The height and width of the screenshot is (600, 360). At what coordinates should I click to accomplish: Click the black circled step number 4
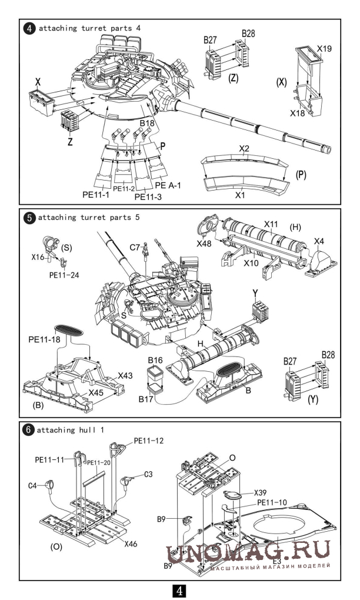pos(29,28)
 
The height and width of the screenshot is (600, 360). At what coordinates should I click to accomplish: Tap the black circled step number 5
pos(29,218)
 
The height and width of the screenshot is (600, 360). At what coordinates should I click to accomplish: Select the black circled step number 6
pos(28,430)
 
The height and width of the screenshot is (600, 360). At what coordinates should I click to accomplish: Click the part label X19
pos(324,49)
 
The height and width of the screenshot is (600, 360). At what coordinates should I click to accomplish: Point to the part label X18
pos(297,113)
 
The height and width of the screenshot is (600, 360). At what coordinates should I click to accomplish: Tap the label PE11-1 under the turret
pos(96,194)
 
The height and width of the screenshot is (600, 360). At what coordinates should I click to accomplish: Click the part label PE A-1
pos(168,185)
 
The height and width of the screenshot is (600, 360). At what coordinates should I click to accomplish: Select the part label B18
pos(147,123)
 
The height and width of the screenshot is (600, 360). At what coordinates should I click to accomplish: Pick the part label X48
pos(204,244)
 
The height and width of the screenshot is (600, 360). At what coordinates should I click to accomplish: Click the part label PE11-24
pos(64,275)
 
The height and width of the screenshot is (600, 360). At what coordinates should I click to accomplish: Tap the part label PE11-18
pos(44,339)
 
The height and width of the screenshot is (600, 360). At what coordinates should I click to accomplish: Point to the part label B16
pos(155,360)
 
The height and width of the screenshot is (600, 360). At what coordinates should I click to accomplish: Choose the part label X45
pos(96,392)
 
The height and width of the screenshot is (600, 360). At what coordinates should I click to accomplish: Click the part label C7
pos(135,247)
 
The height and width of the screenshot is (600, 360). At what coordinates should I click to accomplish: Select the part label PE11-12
pos(148,441)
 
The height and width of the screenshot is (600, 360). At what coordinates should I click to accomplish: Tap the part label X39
pos(260,493)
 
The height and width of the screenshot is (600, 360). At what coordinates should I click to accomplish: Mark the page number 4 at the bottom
pos(179,591)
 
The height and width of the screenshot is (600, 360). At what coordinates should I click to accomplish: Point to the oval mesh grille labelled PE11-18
pos(68,329)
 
